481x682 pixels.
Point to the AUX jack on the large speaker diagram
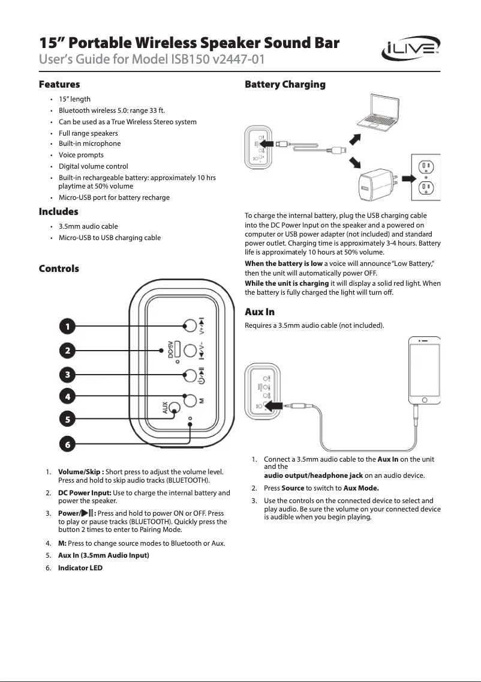click(x=175, y=408)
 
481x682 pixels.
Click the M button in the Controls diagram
click(x=190, y=399)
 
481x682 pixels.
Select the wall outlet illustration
click(x=425, y=178)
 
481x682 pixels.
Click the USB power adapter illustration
click(x=375, y=184)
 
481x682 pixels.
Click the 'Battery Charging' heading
click(x=285, y=85)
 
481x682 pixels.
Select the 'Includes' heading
click(x=58, y=212)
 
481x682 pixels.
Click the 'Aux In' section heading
click(x=260, y=312)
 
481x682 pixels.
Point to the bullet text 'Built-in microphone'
click(x=89, y=143)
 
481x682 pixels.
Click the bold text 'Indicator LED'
click(x=80, y=567)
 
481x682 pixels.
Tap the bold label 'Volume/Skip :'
click(x=81, y=472)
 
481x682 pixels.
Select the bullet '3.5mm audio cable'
click(x=88, y=226)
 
